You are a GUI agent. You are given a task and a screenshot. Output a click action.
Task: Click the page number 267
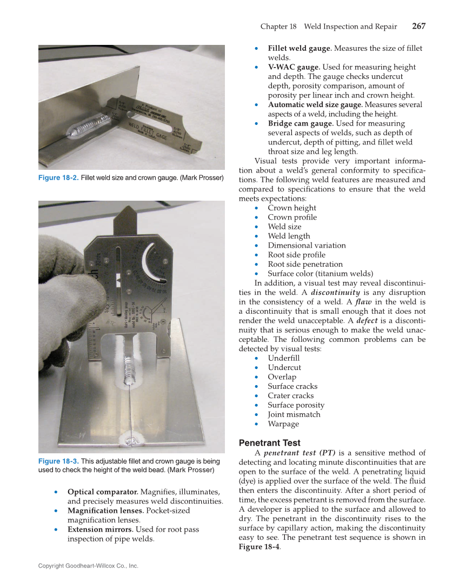[x=418, y=26]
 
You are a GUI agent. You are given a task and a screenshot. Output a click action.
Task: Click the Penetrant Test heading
[x=269, y=442]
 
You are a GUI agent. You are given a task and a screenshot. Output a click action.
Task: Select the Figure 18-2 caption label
[x=58, y=178]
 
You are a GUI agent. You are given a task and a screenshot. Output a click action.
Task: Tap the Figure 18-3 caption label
[x=58, y=461]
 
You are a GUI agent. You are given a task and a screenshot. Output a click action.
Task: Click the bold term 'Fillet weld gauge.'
[x=300, y=48]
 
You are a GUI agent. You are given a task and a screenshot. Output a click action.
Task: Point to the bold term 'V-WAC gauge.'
[x=294, y=67]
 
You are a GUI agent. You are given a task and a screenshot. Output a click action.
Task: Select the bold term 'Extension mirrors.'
[x=100, y=529]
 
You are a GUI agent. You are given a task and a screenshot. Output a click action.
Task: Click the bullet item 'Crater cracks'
[x=290, y=395]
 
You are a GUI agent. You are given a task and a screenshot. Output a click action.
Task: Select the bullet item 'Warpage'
[x=283, y=424]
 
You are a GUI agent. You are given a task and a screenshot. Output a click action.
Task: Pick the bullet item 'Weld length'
[x=289, y=236]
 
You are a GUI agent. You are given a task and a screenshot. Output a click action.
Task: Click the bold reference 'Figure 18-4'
[x=260, y=547]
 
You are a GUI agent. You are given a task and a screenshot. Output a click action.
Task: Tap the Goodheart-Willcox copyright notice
[x=88, y=566]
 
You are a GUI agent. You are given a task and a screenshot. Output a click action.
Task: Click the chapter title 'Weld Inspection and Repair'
[x=350, y=27]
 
